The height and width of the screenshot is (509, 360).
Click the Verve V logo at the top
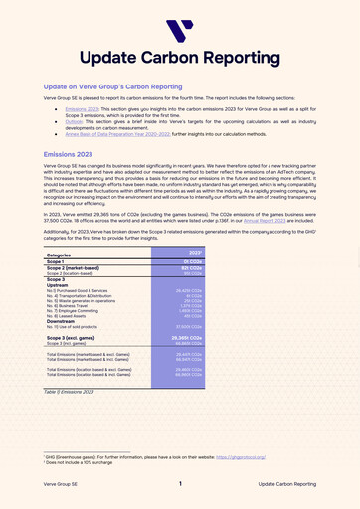pyautogui.click(x=180, y=31)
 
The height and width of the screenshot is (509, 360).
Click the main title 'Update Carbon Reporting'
pyautogui.click(x=180, y=58)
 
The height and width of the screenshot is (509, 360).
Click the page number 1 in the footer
pyautogui.click(x=180, y=484)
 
